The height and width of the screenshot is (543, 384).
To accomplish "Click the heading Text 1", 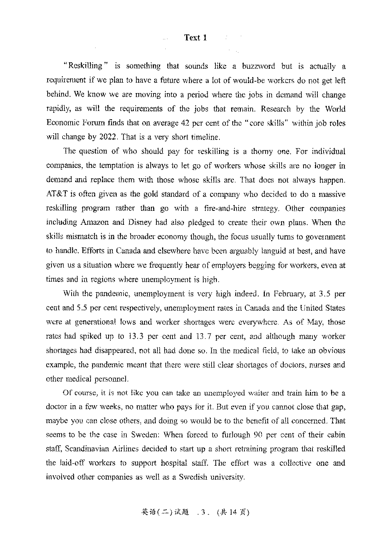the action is click(195, 38).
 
